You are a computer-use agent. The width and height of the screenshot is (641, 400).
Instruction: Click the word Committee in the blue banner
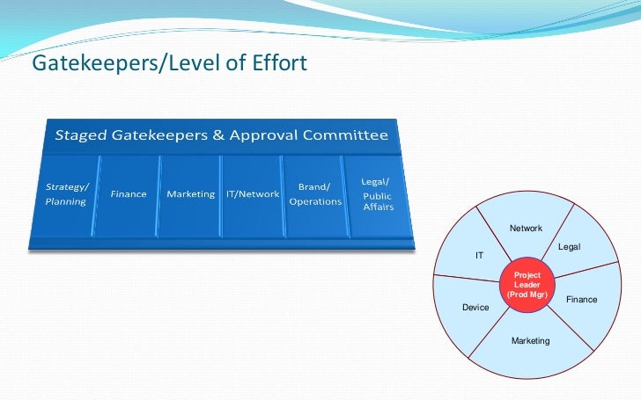coord(345,135)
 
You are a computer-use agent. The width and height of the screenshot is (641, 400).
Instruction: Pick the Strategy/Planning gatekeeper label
coord(67,194)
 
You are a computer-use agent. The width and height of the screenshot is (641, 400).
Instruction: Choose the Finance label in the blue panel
coord(129,194)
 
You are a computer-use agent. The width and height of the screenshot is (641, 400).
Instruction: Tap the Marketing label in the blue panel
coord(191,194)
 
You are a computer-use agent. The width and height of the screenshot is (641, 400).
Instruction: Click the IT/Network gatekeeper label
coord(253,194)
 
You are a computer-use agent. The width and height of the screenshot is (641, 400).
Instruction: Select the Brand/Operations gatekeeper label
coord(315,194)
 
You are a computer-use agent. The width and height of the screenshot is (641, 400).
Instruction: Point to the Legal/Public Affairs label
coord(378,194)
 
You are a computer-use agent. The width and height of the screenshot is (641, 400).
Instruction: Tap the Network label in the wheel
coord(527,229)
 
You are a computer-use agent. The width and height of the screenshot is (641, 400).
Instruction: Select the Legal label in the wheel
coord(570,248)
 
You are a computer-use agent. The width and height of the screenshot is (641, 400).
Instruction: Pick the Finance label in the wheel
coord(581,300)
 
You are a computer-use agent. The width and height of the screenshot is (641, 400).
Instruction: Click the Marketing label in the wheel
coord(530,340)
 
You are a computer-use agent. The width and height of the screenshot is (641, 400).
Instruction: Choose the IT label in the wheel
coord(480,256)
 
